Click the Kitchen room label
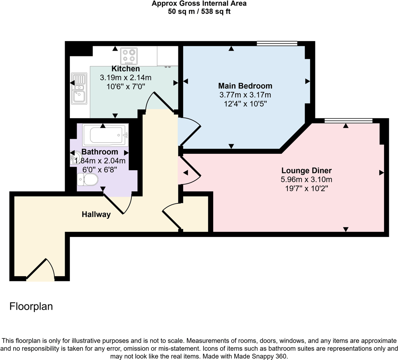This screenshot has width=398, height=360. [x=125, y=69]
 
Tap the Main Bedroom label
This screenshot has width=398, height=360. [x=245, y=86]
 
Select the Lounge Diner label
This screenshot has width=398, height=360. [x=306, y=171]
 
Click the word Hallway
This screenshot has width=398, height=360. [x=96, y=215]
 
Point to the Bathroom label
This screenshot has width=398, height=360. [x=100, y=152]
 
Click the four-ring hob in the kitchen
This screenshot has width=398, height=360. [x=129, y=56]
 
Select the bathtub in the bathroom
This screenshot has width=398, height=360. [x=106, y=135]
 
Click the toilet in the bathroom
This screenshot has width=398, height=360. [x=88, y=180]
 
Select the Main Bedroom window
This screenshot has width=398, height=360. [x=277, y=44]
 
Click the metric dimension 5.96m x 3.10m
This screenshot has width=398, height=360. [x=306, y=180]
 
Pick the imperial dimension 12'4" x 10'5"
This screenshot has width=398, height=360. [x=245, y=103]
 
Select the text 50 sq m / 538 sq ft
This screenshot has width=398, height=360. [x=199, y=12]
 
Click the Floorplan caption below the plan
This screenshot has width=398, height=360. [x=31, y=307]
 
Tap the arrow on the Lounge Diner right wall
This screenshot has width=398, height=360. [x=381, y=173]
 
